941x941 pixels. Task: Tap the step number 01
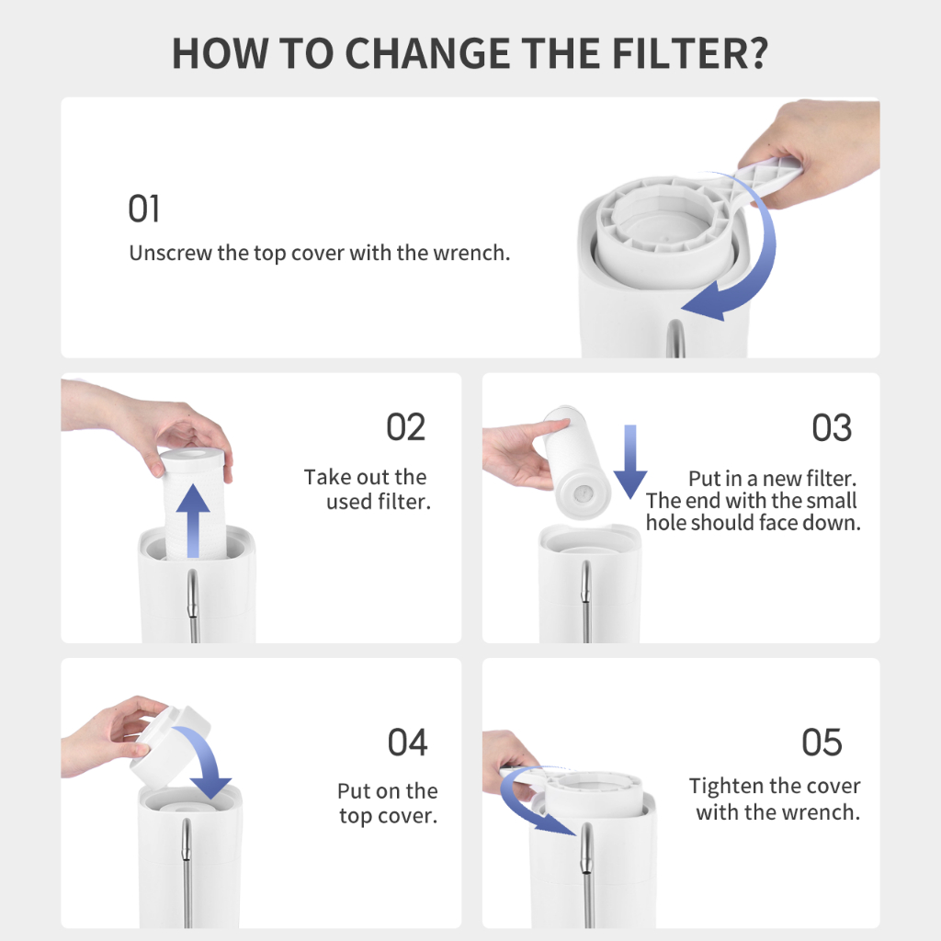point(143,209)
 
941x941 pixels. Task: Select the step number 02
point(405,427)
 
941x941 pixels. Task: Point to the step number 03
point(832,428)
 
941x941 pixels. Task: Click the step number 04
point(407,743)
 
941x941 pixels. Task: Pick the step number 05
point(822,743)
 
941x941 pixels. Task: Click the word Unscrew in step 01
point(170,254)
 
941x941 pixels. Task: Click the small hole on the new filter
point(582,494)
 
